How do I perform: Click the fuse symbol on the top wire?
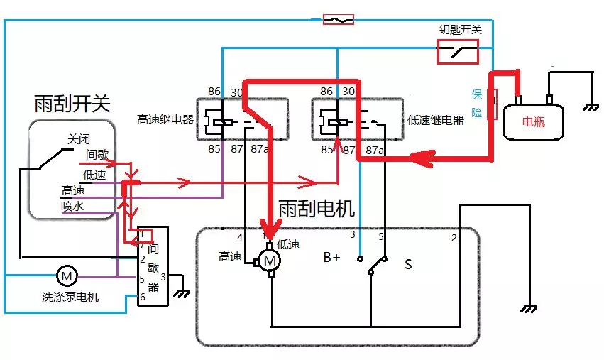tap(338, 19)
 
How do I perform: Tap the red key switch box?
tap(457, 51)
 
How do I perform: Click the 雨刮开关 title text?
tap(72, 104)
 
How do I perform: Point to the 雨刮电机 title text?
tap(317, 208)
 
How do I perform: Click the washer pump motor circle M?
tap(66, 275)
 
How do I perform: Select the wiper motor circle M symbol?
tap(270, 261)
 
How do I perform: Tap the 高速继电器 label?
tap(166, 119)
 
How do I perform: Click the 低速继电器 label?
tap(435, 120)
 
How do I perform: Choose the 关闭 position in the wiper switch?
tap(79, 138)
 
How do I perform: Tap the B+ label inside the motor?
tap(332, 258)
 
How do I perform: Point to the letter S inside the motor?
tap(408, 265)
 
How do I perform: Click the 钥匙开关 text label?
tap(461, 29)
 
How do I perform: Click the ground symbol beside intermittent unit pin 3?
tap(182, 292)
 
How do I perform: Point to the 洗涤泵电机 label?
tap(70, 297)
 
